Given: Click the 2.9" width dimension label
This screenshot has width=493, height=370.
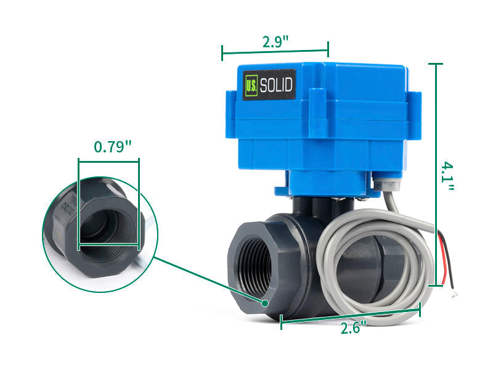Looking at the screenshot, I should pyautogui.click(x=275, y=42).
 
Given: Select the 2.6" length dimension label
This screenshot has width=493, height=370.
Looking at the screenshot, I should pyautogui.click(x=353, y=327).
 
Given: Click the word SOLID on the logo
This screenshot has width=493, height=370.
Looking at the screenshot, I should pyautogui.click(x=276, y=85).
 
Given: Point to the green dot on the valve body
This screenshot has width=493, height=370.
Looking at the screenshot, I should pyautogui.click(x=264, y=303).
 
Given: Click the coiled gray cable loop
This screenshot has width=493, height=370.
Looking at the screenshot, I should pyautogui.click(x=370, y=265).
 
